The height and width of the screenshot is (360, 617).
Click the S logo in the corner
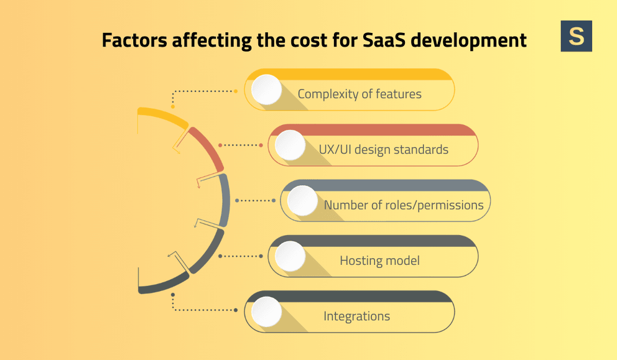click(x=576, y=36)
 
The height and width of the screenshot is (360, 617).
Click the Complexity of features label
click(x=360, y=95)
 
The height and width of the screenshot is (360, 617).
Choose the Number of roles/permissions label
click(x=404, y=205)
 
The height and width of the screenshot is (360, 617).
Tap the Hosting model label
click(x=379, y=261)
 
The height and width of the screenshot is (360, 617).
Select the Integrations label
click(x=356, y=316)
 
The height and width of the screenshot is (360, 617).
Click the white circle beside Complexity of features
click(x=266, y=90)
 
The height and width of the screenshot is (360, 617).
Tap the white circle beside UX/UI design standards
click(x=290, y=145)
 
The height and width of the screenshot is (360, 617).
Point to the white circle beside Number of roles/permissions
click(x=302, y=201)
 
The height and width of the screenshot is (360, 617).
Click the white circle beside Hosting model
click(x=290, y=256)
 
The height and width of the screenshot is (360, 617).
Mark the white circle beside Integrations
click(x=266, y=312)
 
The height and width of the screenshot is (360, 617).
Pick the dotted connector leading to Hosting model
click(x=243, y=256)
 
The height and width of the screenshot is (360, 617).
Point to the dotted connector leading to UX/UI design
click(x=243, y=145)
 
